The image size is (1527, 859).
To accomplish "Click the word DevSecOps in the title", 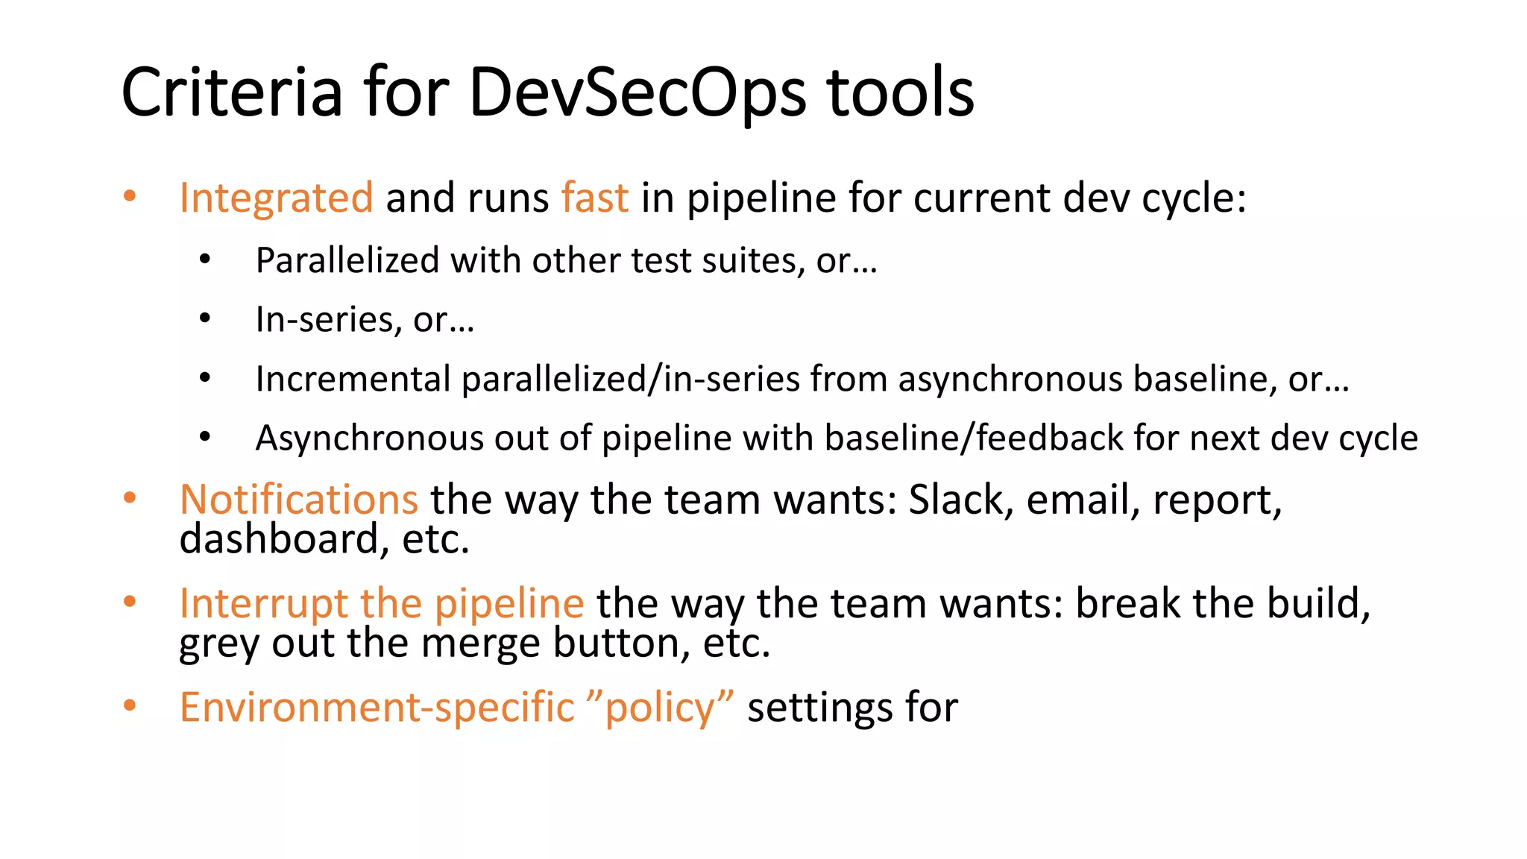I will point(637,93).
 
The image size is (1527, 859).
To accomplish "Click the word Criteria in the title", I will point(232,93).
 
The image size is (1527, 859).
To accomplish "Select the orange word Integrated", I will point(276,198).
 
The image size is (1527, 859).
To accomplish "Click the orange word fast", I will point(594,198).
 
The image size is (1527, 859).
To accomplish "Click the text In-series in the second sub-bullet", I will point(323,320).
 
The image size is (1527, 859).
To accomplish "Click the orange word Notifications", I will point(298,500).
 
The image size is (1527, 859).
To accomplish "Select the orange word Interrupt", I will point(263,603).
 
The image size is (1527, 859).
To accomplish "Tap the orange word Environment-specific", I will point(377,708).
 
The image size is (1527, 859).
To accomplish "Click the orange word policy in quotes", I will point(660,708).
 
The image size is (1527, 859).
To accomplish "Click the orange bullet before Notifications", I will point(130,498).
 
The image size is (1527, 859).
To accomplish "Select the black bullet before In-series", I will point(205,319).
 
